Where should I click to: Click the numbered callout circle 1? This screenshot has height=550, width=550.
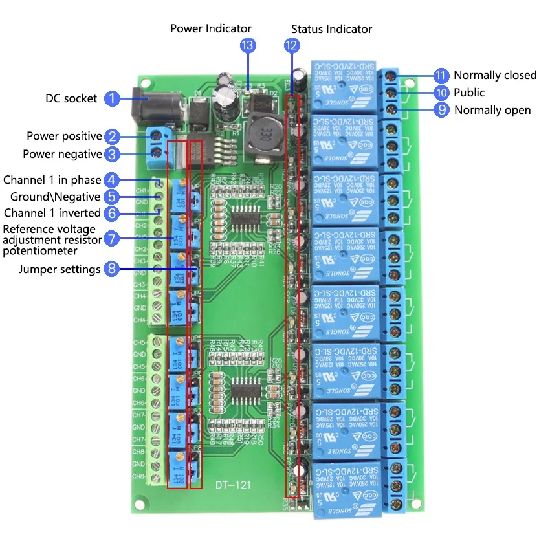click(x=113, y=98)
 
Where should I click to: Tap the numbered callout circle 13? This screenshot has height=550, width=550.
click(x=247, y=45)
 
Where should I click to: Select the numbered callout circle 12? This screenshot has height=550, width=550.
click(x=292, y=45)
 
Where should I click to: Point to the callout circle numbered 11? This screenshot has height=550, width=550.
click(x=441, y=75)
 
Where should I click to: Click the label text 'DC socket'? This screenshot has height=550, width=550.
click(x=71, y=98)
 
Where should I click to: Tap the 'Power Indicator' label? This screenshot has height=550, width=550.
click(x=211, y=28)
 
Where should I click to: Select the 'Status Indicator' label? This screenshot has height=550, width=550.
click(x=331, y=29)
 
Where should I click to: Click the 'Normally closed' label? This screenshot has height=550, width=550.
click(x=495, y=75)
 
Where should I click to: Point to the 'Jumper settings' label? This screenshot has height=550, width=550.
click(x=60, y=269)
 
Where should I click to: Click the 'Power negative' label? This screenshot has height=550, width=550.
click(x=62, y=154)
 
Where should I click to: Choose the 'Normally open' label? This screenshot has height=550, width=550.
click(x=492, y=110)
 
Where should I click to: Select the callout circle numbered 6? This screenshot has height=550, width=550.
click(x=113, y=213)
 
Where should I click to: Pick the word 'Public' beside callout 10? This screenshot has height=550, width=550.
click(x=469, y=93)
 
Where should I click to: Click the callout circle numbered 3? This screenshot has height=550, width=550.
click(x=113, y=154)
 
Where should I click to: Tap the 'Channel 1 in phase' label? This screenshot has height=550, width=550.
click(x=52, y=179)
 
